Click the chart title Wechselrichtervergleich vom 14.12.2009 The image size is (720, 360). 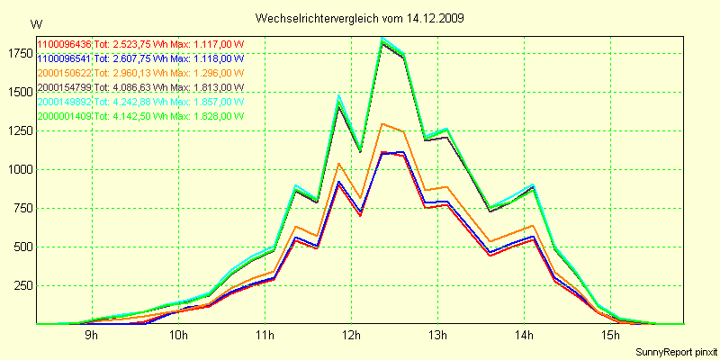[x=360, y=17]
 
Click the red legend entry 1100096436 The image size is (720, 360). [x=64, y=44]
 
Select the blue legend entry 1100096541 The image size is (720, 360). [x=64, y=58]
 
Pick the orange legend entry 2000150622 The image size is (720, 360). [x=64, y=73]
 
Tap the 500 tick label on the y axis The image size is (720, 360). [x=22, y=247]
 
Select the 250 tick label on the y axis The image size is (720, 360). [x=22, y=285]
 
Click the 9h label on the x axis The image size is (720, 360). [x=91, y=336]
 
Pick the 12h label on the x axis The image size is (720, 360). [x=350, y=336]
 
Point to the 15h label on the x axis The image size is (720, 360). [x=610, y=336]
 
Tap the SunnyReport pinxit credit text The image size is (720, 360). [x=674, y=350]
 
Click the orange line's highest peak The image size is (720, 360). [x=383, y=124]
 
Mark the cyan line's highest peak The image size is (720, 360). [x=382, y=38]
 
